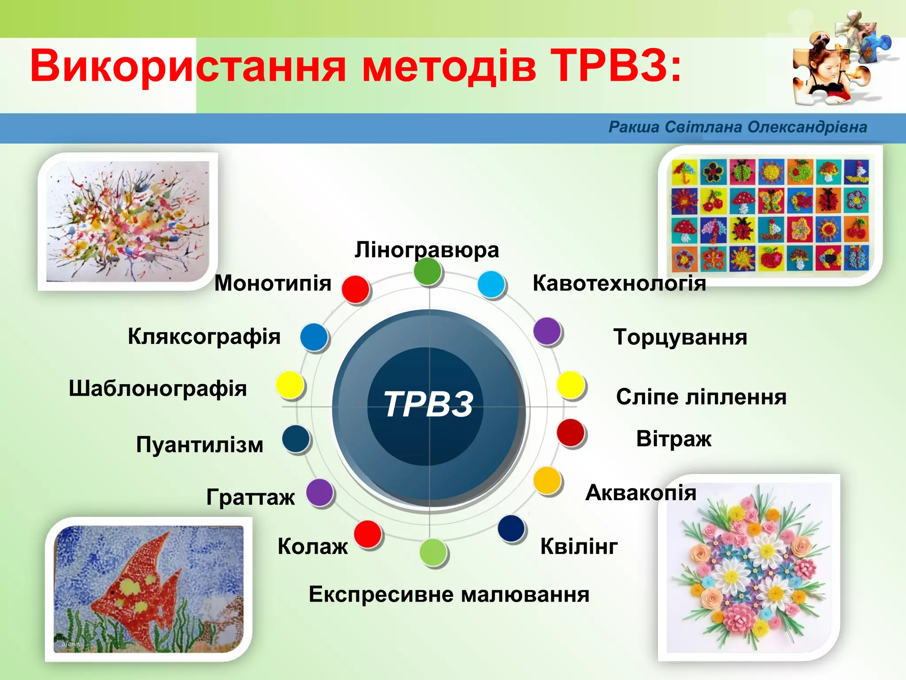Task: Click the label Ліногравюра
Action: [426, 250]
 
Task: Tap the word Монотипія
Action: [273, 283]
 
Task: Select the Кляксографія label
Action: [204, 337]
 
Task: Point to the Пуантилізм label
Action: [200, 444]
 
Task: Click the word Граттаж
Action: [250, 497]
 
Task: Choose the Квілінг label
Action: [579, 546]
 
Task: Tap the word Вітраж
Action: [673, 439]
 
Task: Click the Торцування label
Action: [680, 337]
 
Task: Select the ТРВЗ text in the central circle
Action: [428, 404]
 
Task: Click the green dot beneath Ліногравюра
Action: [428, 271]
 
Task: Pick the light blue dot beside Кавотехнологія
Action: [491, 284]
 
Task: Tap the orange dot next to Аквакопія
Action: [547, 480]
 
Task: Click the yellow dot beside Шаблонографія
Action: [289, 385]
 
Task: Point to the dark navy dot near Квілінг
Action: [511, 528]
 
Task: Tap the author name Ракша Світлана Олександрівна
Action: [737, 127]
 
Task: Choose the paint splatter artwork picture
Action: [128, 221]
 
